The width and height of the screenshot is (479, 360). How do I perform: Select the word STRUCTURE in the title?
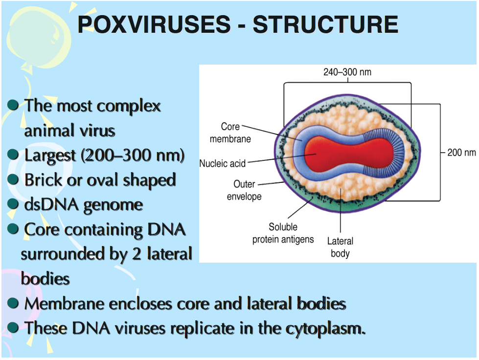pos(325,24)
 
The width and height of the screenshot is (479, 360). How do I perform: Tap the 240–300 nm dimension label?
pos(347,72)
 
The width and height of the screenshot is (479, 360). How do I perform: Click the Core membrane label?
pos(230,133)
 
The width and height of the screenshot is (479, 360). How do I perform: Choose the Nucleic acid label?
pos(223,163)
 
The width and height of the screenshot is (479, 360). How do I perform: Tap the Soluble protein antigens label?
pos(283,233)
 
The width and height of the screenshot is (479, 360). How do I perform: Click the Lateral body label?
pos(340,247)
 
